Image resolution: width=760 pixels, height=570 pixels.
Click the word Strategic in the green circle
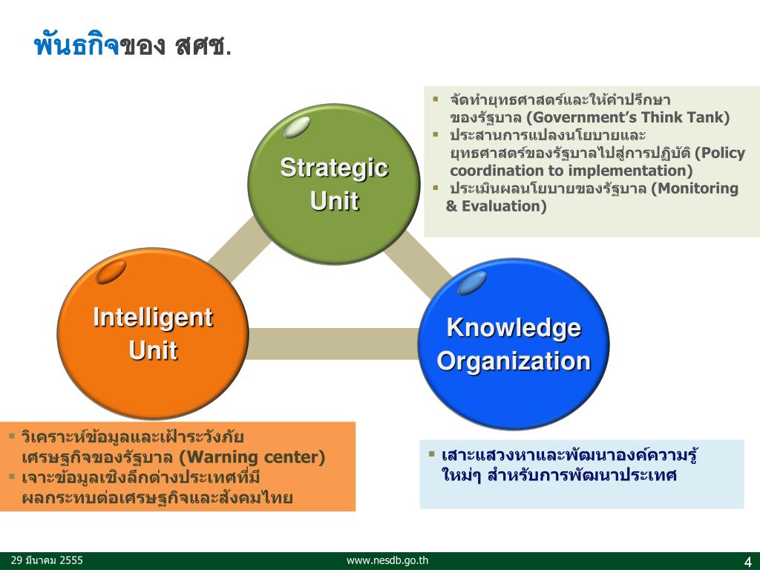point(334,168)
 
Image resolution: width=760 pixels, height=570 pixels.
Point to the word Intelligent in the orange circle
point(153,318)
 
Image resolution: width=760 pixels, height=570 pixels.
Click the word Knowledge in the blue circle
point(514,328)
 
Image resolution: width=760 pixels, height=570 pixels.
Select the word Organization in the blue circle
point(514,361)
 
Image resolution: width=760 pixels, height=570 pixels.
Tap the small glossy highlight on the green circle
point(296,126)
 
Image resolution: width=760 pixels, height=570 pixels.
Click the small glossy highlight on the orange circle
point(111,272)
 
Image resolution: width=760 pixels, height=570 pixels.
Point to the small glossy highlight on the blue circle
point(472,282)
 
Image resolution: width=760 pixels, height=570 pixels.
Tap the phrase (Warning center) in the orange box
point(252,456)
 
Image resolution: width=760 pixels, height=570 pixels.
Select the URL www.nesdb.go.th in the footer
point(387,561)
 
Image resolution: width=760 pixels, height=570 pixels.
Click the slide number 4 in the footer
point(747,560)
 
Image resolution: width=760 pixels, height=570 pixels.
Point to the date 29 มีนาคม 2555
point(47,561)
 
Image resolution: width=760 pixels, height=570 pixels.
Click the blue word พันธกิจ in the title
point(76,46)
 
